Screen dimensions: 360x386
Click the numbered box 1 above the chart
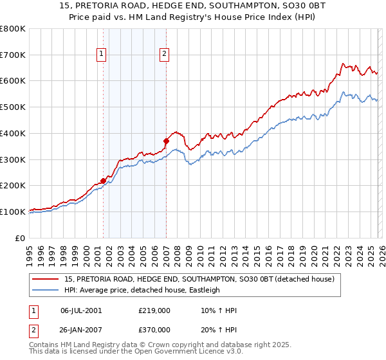coord(102,55)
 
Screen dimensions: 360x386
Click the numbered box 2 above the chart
coord(165,55)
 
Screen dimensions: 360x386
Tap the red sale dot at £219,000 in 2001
coord(103,181)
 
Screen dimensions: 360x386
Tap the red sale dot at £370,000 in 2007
coord(166,141)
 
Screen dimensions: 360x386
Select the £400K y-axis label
coord(14,134)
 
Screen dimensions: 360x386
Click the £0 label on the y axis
coord(21,238)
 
